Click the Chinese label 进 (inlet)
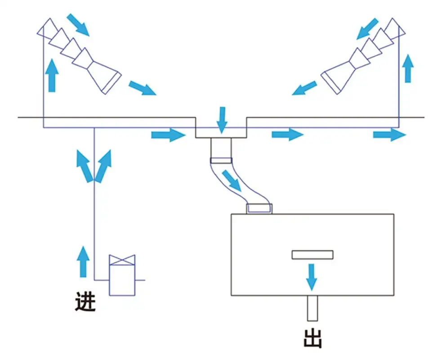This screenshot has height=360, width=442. tap(85, 302)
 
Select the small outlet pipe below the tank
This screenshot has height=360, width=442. tap(313, 308)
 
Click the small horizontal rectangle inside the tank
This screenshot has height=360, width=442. tap(313, 255)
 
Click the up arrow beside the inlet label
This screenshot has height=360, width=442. tap(82, 261)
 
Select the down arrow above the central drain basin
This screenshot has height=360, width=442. tap(221, 120)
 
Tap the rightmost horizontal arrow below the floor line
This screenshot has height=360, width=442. tap(389, 134)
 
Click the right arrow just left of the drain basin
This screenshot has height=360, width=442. tap(168, 135)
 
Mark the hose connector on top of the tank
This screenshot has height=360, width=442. tap(259, 208)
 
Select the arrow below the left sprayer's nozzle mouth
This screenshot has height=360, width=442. tap(142, 88)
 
